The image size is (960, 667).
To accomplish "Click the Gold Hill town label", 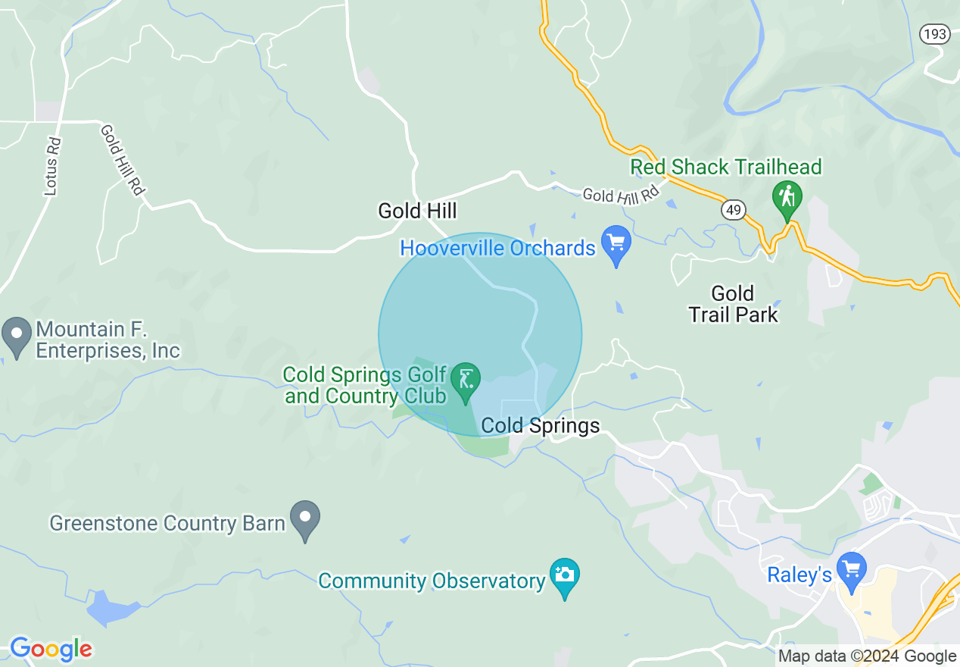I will pos(417,211).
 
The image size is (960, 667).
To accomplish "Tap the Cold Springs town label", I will pos(541,426).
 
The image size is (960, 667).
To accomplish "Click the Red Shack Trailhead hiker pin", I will pos(787,199).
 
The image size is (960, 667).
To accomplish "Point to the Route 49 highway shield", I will pos(733,210).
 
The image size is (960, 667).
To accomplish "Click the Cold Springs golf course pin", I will pos(465,379).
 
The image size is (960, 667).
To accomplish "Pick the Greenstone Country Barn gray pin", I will pos(305,518).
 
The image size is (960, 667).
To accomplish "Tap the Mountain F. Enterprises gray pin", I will pos(15,335).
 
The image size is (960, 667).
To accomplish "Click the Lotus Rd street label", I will pos(51,166).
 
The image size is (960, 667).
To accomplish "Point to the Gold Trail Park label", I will pos(733,303).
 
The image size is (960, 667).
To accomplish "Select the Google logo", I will pos(51,649).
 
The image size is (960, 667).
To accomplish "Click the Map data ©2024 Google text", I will pos(868,656).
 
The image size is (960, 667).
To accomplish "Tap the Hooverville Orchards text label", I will pos(497,248).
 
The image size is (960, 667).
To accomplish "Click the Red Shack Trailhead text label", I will pos(725,167).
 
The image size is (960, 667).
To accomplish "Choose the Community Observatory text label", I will pos(432,581).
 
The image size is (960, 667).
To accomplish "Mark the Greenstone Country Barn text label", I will pos(167,523).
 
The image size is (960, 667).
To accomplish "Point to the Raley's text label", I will pos(799,575).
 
